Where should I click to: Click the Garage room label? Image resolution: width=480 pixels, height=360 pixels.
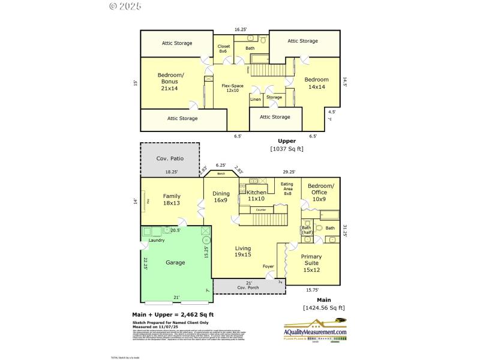[175, 262]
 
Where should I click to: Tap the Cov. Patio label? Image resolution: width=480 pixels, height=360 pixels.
[170, 158]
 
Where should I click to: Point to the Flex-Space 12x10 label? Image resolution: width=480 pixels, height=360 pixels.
[232, 88]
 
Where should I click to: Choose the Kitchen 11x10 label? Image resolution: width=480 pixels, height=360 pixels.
[256, 196]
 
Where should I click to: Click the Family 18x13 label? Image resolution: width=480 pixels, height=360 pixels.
[172, 199]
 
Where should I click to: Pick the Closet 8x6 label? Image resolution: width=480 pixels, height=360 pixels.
[224, 49]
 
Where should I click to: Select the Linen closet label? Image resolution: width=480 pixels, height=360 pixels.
[256, 99]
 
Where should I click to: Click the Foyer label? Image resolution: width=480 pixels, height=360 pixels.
[269, 266]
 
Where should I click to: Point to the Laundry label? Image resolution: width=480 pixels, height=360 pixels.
[157, 240]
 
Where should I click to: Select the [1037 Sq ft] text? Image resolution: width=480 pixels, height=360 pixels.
[287, 149]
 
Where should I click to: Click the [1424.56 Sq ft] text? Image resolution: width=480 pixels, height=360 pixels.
[324, 308]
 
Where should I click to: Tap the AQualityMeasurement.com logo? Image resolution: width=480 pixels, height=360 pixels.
[315, 334]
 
